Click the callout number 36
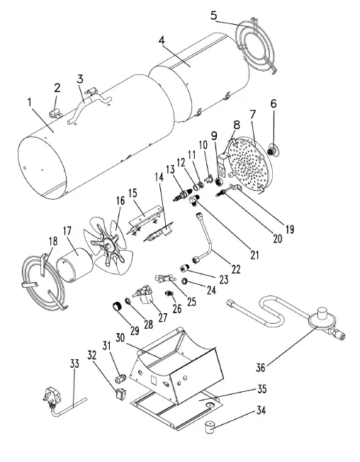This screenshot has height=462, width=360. pyautogui.click(x=261, y=367)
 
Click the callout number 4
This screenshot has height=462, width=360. pyautogui.click(x=162, y=41)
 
